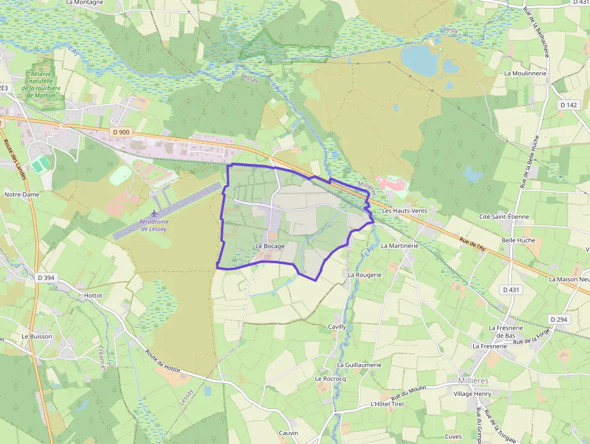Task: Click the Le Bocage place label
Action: [270, 246]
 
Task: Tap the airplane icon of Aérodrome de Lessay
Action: [155, 213]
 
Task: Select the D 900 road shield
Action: [120, 132]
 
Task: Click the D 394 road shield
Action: [45, 278]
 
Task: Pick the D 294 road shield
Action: [558, 319]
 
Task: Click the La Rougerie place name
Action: [365, 274]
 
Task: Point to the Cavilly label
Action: [337, 327]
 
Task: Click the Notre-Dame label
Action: [21, 195]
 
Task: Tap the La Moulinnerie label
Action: [525, 73]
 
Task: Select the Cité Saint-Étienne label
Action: [503, 216]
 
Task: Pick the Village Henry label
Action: [473, 393]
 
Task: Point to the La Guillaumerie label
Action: [359, 364]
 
